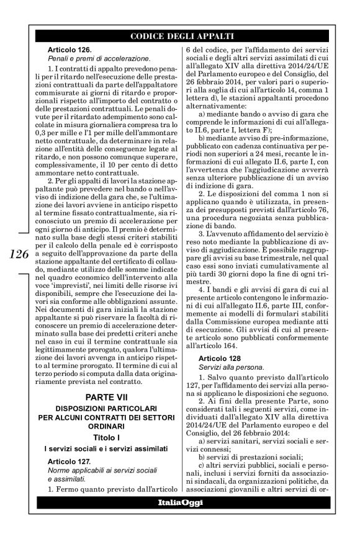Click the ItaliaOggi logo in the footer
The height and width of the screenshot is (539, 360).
click(x=180, y=501)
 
